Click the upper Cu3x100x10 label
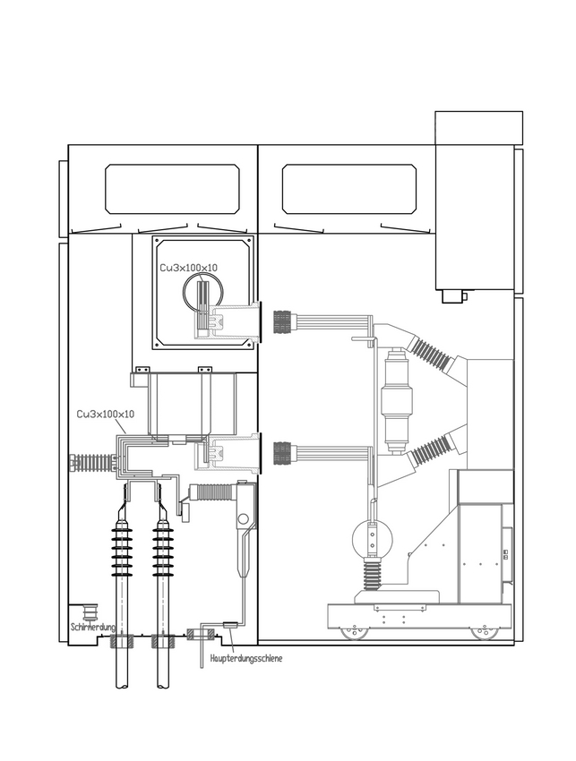188,268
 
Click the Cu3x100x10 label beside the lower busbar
106,414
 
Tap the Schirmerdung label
93,627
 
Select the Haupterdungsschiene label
246,659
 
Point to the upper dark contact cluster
286,321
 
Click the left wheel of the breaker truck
354,632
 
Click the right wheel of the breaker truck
483,632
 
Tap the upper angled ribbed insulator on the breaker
431,353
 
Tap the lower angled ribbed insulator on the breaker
431,447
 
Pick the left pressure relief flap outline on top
172,189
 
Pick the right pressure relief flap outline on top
348,189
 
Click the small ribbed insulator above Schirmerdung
90,612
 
